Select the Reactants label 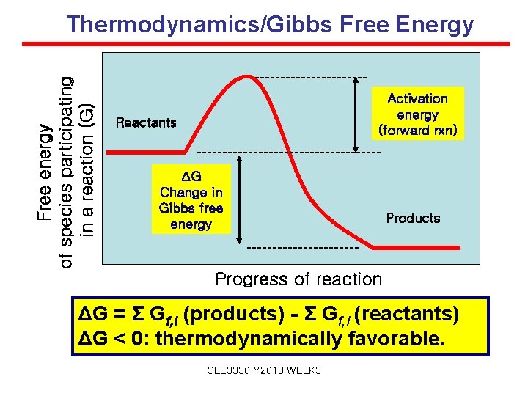146,122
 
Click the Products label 413,218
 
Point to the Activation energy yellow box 417,114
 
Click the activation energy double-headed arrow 357,114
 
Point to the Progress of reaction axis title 298,279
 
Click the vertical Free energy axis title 66,161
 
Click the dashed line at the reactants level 290,152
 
